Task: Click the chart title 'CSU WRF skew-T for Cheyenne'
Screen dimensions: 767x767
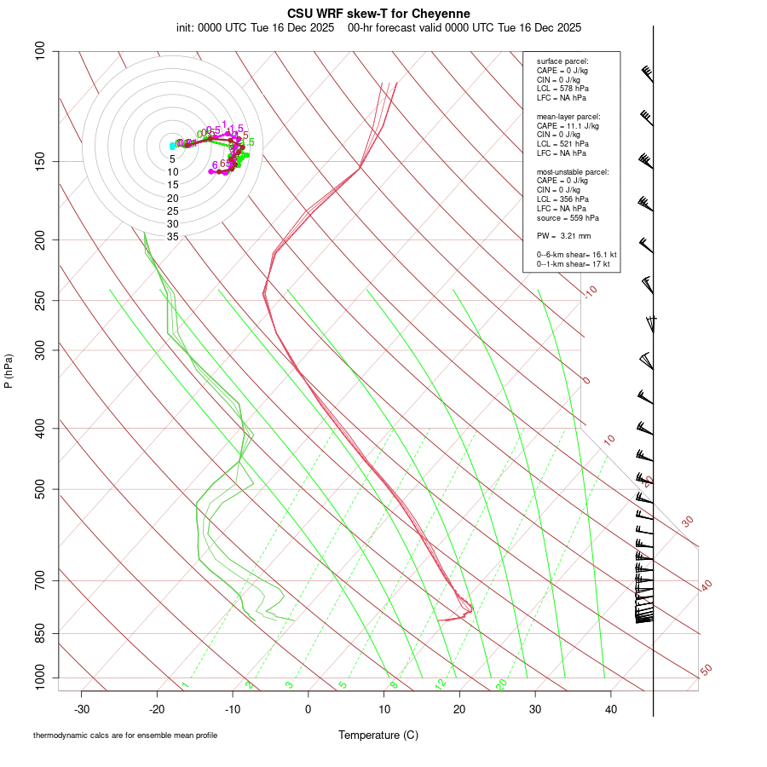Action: pos(378,13)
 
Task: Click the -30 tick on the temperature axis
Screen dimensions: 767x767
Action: pos(82,709)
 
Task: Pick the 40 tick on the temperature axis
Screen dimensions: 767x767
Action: pos(610,709)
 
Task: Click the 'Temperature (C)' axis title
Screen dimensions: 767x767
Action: pos(378,735)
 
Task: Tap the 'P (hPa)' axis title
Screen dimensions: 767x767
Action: pos(9,371)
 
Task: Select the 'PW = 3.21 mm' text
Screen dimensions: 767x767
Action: pos(563,235)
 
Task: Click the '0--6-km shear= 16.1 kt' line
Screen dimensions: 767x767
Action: pos(576,254)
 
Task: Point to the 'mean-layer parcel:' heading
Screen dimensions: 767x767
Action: pos(568,116)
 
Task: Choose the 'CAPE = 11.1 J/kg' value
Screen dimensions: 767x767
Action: pos(568,125)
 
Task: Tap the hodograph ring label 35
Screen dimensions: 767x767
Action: pos(172,237)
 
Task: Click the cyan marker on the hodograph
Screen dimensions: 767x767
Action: pos(172,146)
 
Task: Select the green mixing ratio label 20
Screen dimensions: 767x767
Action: pos(501,684)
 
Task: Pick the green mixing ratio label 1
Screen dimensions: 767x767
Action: pos(185,684)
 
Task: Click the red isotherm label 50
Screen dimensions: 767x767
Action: pos(706,670)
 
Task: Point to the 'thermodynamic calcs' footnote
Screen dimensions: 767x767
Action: pos(125,735)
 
